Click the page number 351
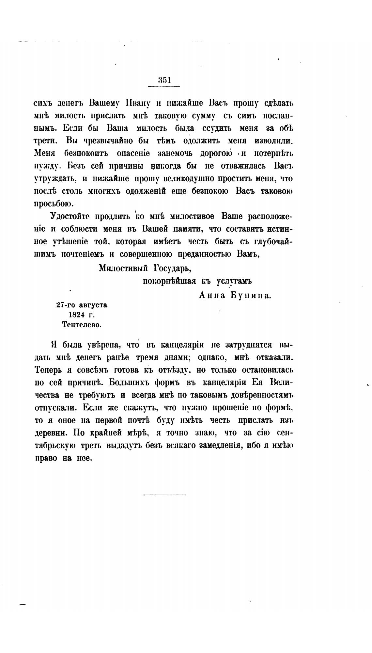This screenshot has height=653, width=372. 164,80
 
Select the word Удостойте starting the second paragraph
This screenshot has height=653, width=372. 70,217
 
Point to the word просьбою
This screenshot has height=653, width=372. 54,204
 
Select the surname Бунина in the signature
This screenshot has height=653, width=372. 251,296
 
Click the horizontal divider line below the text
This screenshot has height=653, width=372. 164,495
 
